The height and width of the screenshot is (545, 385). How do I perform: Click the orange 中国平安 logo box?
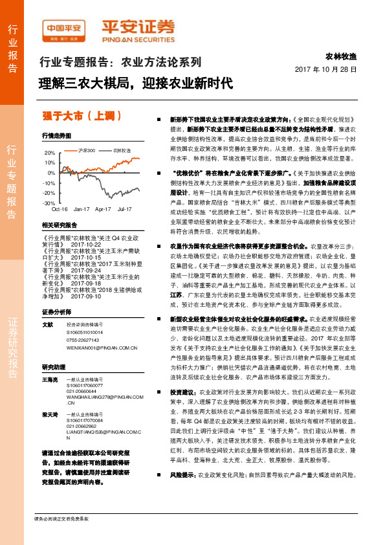64,27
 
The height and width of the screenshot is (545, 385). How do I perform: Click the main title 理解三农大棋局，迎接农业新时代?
135,83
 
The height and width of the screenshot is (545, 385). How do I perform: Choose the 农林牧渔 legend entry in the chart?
122,150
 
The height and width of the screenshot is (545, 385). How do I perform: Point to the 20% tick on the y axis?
50,153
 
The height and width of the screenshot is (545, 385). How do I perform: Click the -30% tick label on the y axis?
50,203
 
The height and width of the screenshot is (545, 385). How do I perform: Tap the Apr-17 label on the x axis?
103,209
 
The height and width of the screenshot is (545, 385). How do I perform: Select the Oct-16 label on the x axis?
60,209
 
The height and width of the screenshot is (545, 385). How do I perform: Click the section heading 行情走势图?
56,136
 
